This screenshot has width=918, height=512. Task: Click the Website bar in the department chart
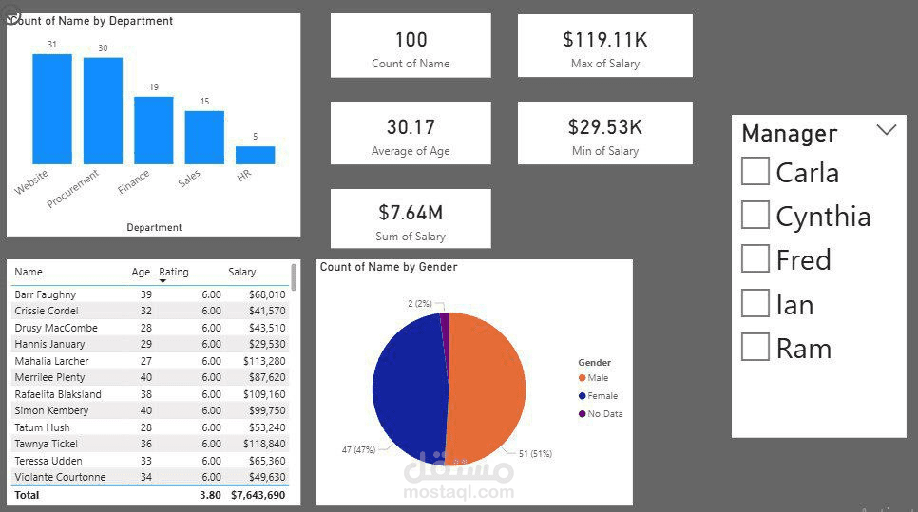coord(52,109)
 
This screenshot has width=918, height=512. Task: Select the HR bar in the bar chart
coord(255,155)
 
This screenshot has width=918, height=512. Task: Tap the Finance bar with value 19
coord(153,130)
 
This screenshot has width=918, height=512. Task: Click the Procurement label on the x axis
coord(74,189)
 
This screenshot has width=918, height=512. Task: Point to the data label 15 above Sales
coord(204,102)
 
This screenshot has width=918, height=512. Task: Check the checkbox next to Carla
coord(755,172)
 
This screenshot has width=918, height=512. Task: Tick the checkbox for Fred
coord(755,259)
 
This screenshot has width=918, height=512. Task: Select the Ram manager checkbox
coord(755,348)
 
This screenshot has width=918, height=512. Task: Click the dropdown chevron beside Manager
coord(886,130)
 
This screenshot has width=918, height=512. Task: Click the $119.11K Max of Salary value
coord(604,39)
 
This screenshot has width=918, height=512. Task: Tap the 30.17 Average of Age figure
coord(411,126)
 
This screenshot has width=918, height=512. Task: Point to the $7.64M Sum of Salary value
coord(411,212)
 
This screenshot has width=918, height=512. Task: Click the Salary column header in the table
coord(241,272)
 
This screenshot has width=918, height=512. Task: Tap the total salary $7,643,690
coord(258,495)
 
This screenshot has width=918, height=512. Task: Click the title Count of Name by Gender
coord(389,267)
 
